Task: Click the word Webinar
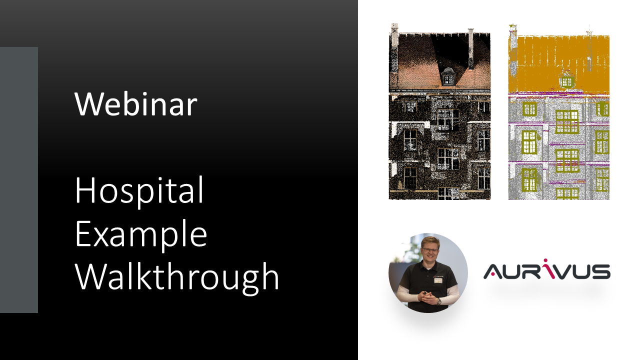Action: coord(135,104)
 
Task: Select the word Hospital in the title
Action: coord(139,190)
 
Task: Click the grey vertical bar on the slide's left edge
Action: coord(19,180)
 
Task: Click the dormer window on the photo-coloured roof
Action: coord(448,77)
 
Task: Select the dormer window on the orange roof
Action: coord(566,80)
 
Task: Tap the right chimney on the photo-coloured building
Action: coord(470,49)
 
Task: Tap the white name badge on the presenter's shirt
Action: coord(438,280)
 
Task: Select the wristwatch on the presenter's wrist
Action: coord(438,301)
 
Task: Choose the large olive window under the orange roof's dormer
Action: coord(566,121)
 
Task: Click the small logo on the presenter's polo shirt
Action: coord(438,274)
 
